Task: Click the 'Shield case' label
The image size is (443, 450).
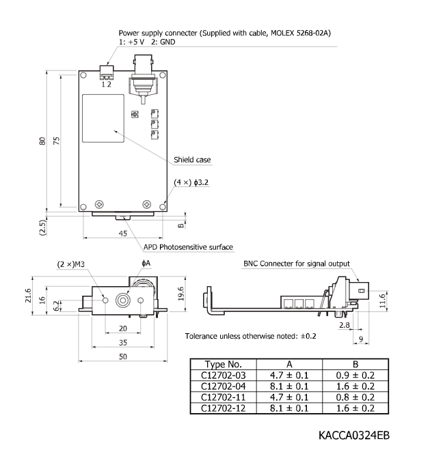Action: [x=193, y=160]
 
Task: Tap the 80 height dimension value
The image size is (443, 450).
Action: [x=42, y=141]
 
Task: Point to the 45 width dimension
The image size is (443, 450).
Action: [x=123, y=233]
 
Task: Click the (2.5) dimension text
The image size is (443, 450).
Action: [x=42, y=227]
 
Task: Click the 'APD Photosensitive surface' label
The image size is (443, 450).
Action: [x=188, y=247]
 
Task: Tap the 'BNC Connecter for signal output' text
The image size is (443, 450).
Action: [x=296, y=264]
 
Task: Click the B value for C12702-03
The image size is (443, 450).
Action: [x=355, y=375]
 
